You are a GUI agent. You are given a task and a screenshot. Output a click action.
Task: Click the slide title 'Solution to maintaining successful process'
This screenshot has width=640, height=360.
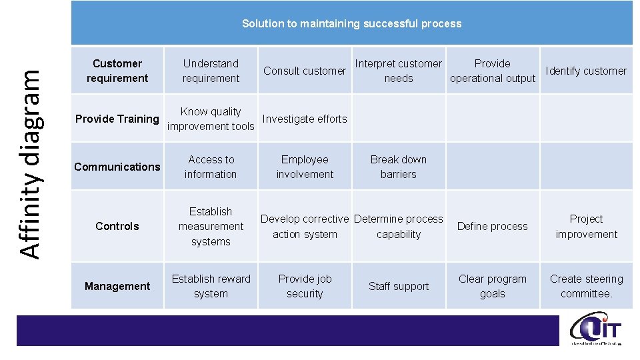(x=351, y=23)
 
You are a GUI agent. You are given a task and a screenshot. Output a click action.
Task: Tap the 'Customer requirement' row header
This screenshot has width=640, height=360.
(x=117, y=71)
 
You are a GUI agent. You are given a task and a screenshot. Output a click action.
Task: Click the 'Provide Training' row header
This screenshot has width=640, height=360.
(x=117, y=119)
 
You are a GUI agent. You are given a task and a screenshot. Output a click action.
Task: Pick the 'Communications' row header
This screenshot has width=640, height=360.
(x=117, y=167)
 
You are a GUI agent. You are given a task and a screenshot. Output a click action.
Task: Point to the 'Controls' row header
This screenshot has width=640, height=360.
(x=117, y=226)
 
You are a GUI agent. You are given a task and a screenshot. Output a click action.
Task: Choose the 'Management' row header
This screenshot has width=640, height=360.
(x=117, y=286)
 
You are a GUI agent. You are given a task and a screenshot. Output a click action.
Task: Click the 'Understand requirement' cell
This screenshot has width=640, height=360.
(x=211, y=71)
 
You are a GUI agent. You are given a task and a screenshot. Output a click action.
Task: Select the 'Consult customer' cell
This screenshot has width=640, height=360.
(x=305, y=71)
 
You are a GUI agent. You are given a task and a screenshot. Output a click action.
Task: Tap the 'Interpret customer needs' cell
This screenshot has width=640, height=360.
(x=399, y=71)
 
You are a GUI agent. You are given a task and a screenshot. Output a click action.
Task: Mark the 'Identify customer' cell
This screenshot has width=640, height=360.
(x=586, y=71)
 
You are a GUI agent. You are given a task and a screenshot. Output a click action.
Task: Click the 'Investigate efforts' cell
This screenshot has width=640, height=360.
(x=305, y=119)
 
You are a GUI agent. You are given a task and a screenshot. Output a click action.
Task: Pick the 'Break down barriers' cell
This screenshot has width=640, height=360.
(x=399, y=167)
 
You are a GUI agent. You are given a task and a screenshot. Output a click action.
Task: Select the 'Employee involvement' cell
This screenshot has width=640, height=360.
(x=305, y=167)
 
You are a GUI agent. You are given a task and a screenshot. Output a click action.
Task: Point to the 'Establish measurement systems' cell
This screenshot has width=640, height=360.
(x=211, y=226)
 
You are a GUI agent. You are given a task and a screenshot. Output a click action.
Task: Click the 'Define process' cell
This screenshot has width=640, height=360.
(x=493, y=227)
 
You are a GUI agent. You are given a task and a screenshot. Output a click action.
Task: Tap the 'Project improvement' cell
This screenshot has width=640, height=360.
(x=586, y=226)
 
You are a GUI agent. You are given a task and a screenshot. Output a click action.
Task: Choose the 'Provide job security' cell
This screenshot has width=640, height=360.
(x=305, y=286)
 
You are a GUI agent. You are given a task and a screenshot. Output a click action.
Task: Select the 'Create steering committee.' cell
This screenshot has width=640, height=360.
(x=586, y=286)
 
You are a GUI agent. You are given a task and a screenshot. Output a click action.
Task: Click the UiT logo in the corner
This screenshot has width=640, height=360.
(x=596, y=330)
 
